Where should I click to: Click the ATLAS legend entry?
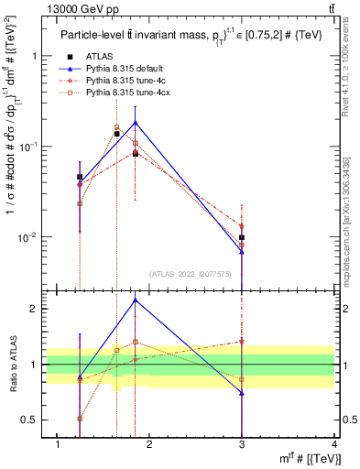(99, 57)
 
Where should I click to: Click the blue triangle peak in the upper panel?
(135, 122)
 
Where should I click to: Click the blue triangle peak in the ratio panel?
(135, 300)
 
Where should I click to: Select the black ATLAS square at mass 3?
(242, 237)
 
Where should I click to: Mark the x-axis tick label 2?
(151, 444)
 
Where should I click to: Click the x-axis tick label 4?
(335, 444)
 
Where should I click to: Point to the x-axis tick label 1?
(59, 444)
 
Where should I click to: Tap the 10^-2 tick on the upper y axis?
(30, 237)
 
